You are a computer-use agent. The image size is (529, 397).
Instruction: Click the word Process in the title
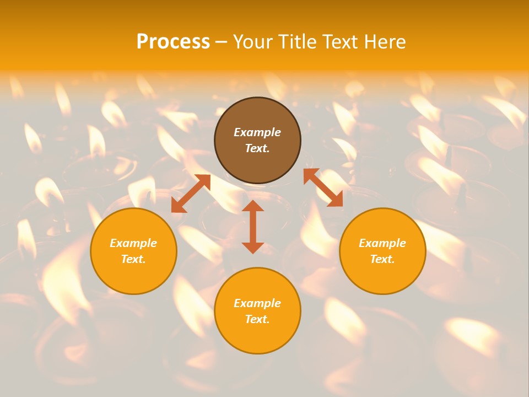pos(173,42)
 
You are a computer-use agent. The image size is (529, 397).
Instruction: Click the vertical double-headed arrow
pos(253,227)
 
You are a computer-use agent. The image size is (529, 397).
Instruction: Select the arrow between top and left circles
pos(191,194)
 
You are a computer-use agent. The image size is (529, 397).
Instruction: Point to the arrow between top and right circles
pos(323,187)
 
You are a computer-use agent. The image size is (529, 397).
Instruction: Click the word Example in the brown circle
pos(257,132)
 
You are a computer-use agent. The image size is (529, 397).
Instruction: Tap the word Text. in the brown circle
pos(257,148)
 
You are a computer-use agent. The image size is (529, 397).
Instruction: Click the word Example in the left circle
pos(133,243)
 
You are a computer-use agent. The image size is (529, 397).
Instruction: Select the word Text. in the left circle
pos(133,259)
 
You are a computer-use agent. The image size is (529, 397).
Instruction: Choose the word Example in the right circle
pos(382,243)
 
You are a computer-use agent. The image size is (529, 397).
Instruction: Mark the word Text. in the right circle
pos(382,259)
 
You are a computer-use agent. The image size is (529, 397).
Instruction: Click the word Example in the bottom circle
pos(257,303)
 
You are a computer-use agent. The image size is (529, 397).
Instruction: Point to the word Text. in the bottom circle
pos(257,319)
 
